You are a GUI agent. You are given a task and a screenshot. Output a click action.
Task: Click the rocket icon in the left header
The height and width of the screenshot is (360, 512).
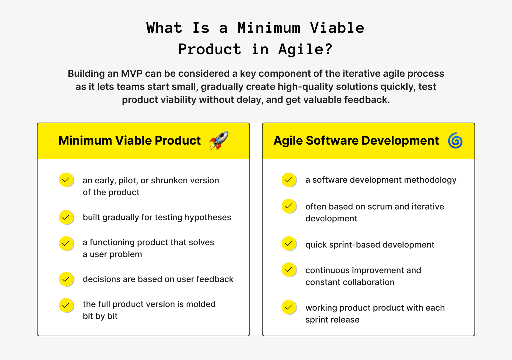point(219,140)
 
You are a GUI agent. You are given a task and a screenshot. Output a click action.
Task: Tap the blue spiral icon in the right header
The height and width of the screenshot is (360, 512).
point(455,140)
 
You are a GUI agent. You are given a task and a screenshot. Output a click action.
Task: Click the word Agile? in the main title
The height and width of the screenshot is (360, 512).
point(305,49)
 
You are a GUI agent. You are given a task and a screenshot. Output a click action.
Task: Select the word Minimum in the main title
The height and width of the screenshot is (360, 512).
point(269,28)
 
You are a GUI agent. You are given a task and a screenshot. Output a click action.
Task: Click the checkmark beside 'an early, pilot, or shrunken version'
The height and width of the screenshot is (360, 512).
point(66,180)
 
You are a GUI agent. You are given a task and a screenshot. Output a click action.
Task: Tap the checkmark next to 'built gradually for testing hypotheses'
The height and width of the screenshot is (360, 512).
point(66,217)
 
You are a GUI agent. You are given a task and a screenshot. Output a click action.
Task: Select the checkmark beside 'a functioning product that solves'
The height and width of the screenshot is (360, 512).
point(66,243)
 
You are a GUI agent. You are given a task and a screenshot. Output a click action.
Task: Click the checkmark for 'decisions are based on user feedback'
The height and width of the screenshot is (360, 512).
point(66,279)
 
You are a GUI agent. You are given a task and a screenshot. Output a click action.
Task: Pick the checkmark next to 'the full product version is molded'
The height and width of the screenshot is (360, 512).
point(66,305)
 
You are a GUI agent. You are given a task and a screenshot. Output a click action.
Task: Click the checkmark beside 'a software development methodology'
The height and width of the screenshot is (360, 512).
point(288,180)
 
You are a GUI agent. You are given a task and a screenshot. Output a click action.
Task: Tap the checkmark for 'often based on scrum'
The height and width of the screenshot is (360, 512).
point(288,206)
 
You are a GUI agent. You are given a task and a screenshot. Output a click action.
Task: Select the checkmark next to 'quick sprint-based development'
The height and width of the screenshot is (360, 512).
point(288,243)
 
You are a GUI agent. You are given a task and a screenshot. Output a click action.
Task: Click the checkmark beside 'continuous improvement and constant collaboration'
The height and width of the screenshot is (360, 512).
point(288,270)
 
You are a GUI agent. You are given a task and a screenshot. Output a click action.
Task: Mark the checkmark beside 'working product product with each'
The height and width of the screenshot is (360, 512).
point(288,307)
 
